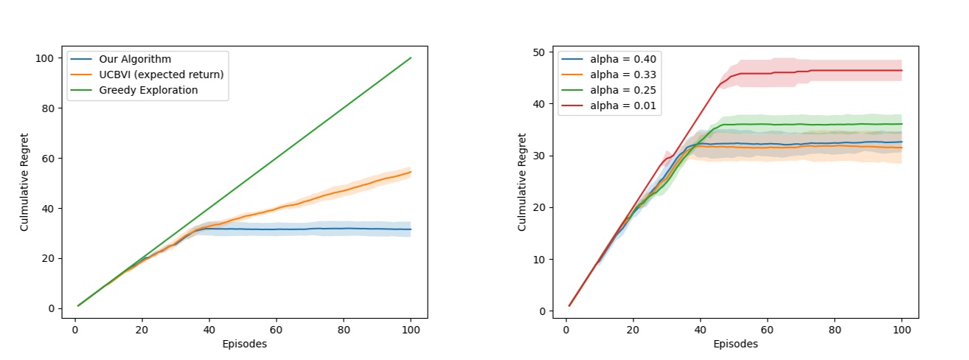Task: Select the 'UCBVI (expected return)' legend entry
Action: tap(160, 75)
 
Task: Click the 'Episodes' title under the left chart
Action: tap(243, 344)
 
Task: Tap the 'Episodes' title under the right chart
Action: tap(734, 344)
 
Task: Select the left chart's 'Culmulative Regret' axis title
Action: tap(24, 182)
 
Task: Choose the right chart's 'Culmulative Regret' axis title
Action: tap(522, 182)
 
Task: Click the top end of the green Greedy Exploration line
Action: tap(411, 58)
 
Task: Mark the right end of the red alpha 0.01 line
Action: tap(902, 70)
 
